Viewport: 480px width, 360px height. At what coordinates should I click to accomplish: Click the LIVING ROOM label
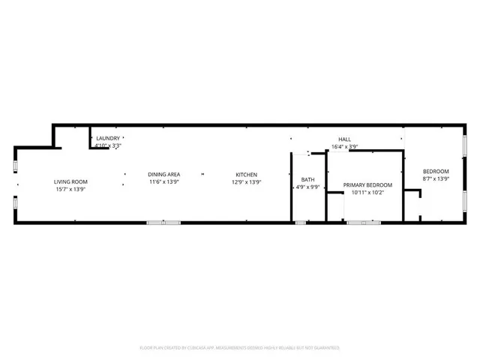click(x=70, y=181)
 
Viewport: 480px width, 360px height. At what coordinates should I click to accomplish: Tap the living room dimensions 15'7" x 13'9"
click(x=70, y=189)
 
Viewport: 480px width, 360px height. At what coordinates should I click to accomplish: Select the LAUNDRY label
click(x=108, y=139)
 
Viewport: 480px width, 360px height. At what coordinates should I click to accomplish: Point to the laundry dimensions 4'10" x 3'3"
click(x=108, y=146)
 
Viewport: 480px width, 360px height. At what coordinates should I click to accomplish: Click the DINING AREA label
click(x=163, y=174)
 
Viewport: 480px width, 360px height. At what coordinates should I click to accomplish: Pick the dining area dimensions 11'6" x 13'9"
click(x=163, y=181)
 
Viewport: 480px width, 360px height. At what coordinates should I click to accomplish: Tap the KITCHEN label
click(x=247, y=174)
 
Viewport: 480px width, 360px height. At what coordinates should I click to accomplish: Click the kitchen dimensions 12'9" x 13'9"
click(x=247, y=181)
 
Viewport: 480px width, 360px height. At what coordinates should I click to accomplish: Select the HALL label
click(x=344, y=139)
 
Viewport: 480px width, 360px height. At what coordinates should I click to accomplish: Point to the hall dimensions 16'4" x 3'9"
click(x=344, y=146)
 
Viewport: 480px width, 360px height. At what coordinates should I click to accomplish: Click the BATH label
click(x=308, y=179)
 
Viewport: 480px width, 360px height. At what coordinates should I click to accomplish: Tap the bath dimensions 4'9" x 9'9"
click(x=308, y=187)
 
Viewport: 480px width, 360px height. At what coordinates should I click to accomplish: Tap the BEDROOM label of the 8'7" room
click(x=436, y=171)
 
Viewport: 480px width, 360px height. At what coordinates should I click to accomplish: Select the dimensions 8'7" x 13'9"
click(x=436, y=178)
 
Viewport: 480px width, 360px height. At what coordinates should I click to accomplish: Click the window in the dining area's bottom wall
click(x=163, y=223)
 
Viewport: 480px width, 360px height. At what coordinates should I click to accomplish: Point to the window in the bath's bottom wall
click(x=301, y=223)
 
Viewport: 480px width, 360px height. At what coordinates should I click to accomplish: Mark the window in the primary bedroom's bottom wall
click(x=363, y=223)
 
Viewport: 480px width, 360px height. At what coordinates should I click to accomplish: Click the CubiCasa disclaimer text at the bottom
click(x=240, y=347)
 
